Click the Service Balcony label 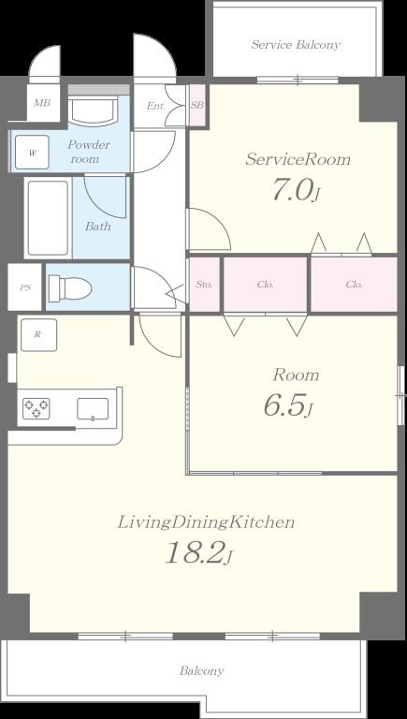pos(296,45)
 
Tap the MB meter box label pos(42,103)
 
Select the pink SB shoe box pos(197,105)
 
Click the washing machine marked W pos(32,153)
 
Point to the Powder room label pos(89,152)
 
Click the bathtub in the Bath pos(48,218)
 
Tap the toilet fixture pos(69,288)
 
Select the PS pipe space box pos(24,288)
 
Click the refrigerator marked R pos(38,335)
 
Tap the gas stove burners pos(36,408)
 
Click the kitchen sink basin pos(93,408)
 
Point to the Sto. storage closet pos(204,285)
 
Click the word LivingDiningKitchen pos(206,522)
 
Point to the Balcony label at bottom pos(202,671)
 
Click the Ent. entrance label pos(155,106)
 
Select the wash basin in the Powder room pos(93,110)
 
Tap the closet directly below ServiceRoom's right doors pos(354,285)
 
